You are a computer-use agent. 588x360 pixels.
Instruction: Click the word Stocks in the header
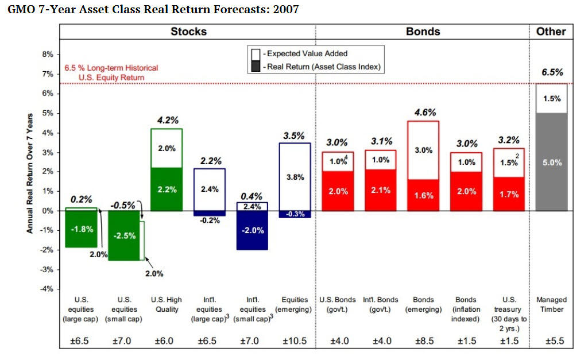click(x=188, y=32)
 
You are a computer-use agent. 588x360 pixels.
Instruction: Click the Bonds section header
click(x=423, y=32)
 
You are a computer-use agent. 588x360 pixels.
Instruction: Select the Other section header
click(x=551, y=32)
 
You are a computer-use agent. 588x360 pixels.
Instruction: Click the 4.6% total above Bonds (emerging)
click(x=425, y=113)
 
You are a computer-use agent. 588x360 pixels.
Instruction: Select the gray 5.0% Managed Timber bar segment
click(x=551, y=162)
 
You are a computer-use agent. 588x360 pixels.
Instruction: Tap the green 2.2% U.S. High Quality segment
click(x=167, y=189)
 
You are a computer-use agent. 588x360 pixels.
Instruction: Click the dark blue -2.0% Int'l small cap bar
click(x=253, y=230)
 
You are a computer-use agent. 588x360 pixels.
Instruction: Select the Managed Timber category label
click(x=551, y=304)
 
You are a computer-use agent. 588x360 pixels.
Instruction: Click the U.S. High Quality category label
click(x=167, y=304)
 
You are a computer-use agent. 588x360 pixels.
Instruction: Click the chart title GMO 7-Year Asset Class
click(x=153, y=10)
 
